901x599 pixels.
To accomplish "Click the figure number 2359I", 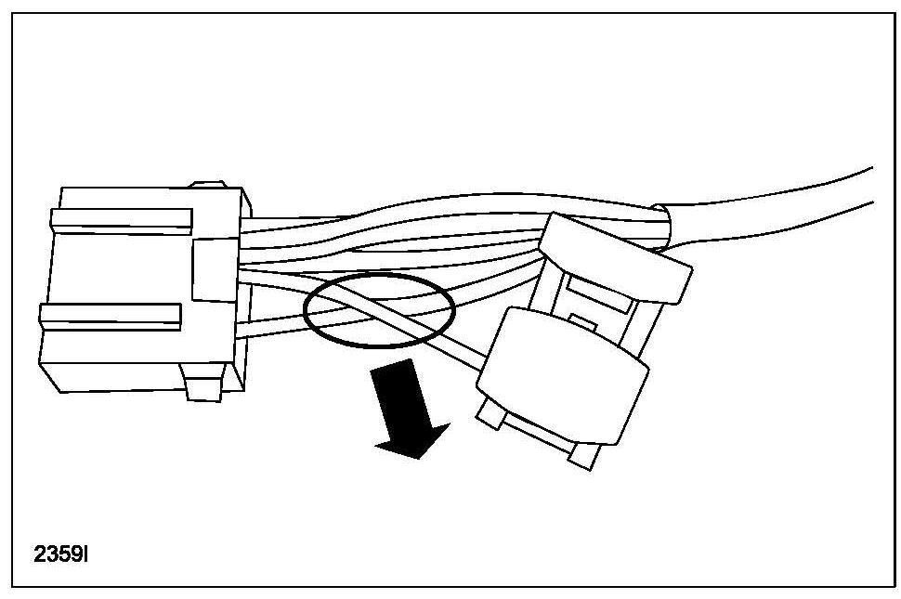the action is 61,554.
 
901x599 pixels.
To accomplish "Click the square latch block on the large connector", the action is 215,267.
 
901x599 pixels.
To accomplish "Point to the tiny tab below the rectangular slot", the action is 581,321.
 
